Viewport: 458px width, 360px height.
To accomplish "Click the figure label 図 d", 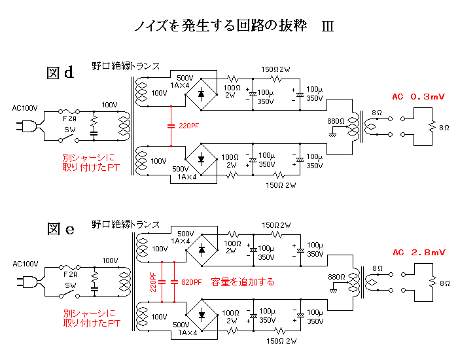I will click(x=60, y=72).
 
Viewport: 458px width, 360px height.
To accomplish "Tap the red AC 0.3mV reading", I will click(x=419, y=97).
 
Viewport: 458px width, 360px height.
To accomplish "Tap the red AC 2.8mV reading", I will click(x=419, y=253).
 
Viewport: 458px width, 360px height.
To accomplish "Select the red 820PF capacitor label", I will click(x=192, y=282).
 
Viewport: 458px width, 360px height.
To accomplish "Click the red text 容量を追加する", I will click(x=243, y=282).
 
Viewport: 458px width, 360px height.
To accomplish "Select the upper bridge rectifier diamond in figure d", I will click(x=201, y=94).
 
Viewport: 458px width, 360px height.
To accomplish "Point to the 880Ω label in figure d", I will click(x=336, y=120).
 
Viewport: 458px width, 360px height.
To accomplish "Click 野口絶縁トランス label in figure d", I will click(x=126, y=66).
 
